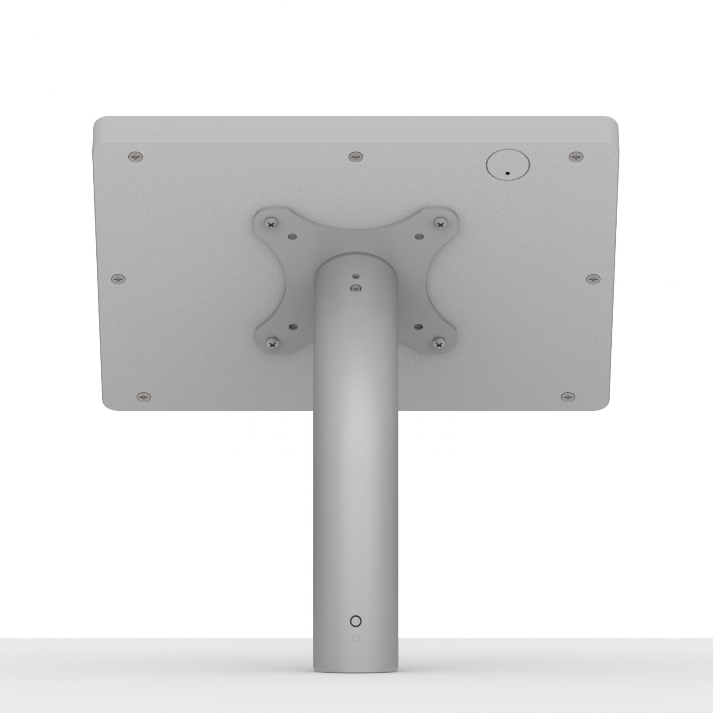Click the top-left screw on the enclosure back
[x=136, y=157]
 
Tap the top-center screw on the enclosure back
[x=355, y=157]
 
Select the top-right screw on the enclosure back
[x=575, y=157]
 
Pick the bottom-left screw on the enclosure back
[x=144, y=397]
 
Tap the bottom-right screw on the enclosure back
[x=568, y=397]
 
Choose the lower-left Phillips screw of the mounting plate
[x=272, y=345]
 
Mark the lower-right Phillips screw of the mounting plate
[x=439, y=345]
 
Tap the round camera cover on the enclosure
[x=508, y=164]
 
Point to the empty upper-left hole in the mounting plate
[x=293, y=236]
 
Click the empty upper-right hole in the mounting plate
[x=419, y=236]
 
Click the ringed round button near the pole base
[x=355, y=621]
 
